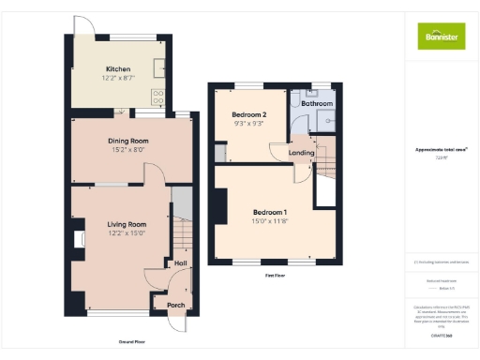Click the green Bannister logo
click(x=440, y=36)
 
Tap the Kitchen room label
click(x=118, y=69)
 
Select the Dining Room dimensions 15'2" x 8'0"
click(x=127, y=149)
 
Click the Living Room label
click(x=127, y=224)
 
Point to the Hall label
click(x=180, y=263)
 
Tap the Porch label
click(x=175, y=305)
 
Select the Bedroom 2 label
click(x=248, y=114)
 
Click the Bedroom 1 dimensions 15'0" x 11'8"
click(x=269, y=221)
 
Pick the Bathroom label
click(x=317, y=104)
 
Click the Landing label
click(x=301, y=152)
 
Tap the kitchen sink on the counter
click(x=160, y=67)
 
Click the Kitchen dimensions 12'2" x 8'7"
click(x=118, y=77)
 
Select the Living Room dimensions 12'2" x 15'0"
click(x=127, y=232)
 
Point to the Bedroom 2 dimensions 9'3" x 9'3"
click(x=248, y=123)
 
